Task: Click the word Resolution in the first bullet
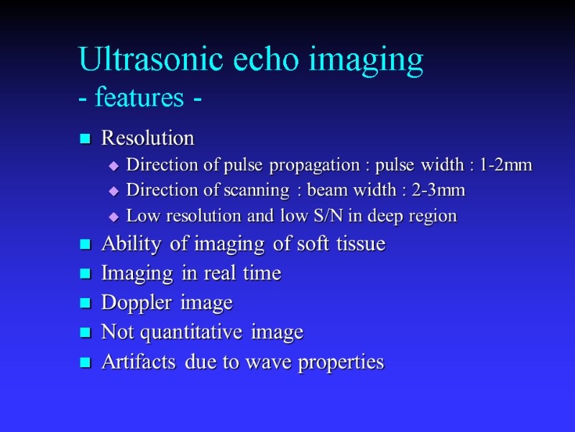[148, 137]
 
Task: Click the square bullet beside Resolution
[85, 138]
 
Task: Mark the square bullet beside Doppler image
[85, 304]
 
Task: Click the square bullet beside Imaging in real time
[85, 274]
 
